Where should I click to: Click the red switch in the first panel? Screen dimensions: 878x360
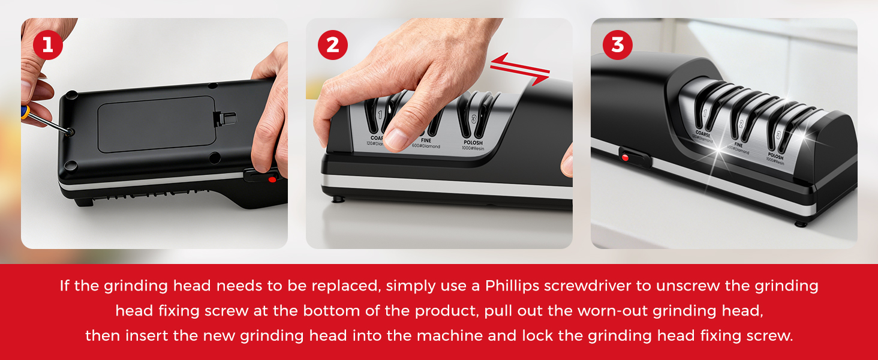(x=272, y=179)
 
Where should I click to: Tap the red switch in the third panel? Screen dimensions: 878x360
(x=625, y=158)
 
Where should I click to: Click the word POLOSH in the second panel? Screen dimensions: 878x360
(x=472, y=143)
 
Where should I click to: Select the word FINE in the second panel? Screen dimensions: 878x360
(x=426, y=140)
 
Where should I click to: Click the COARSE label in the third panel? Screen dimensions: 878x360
(x=703, y=134)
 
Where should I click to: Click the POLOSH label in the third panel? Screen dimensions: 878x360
(x=775, y=157)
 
